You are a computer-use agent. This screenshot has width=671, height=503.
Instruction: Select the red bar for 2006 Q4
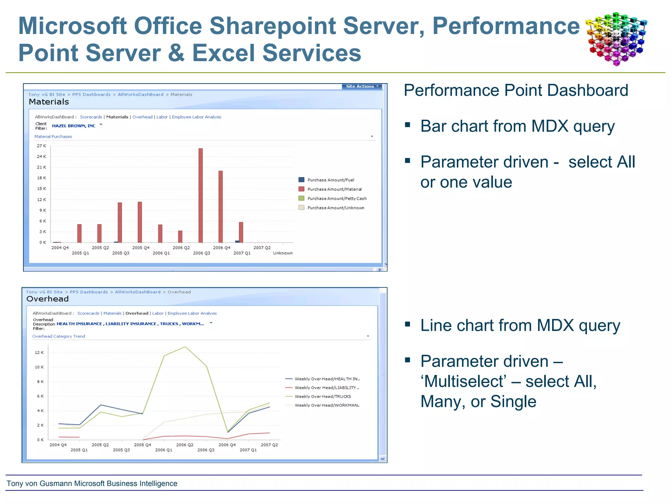click(220, 206)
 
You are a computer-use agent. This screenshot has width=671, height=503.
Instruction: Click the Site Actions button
click(361, 86)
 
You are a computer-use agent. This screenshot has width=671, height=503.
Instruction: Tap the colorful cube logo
click(616, 39)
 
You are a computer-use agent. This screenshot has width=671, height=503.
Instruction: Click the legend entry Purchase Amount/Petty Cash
click(337, 198)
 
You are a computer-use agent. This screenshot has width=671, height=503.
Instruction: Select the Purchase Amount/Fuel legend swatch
click(301, 180)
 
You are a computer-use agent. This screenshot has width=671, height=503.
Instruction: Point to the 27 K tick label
click(41, 146)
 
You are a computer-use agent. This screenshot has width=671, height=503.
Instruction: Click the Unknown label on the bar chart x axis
click(283, 253)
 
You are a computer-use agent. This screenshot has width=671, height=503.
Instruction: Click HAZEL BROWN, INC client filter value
click(74, 126)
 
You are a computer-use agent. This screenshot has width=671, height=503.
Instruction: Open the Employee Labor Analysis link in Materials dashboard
click(196, 117)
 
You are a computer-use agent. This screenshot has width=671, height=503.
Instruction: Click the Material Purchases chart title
click(53, 137)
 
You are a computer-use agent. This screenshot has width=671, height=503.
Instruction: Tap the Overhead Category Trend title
click(59, 336)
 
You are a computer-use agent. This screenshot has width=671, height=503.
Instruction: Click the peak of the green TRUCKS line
click(185, 347)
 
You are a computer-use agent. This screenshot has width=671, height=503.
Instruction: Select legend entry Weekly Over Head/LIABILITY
click(326, 388)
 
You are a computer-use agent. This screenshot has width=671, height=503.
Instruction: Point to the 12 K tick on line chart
click(39, 353)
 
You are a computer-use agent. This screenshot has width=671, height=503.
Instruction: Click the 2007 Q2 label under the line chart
click(269, 445)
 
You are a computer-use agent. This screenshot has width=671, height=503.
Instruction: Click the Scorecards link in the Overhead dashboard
click(88, 313)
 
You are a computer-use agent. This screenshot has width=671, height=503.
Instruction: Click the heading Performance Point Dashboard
click(516, 90)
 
